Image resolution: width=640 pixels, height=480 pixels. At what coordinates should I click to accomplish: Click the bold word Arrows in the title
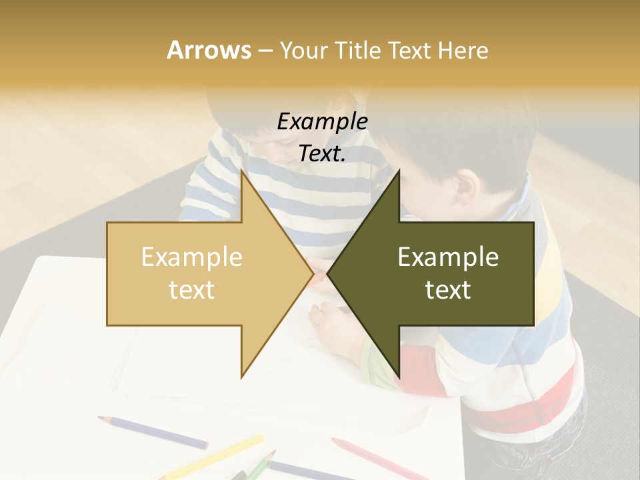pos(209,50)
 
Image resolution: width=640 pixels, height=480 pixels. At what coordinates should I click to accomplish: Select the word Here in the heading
pos(463,50)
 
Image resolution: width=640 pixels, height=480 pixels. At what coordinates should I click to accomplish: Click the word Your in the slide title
pos(304,50)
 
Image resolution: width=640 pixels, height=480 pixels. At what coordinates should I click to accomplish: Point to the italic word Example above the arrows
pos(323,121)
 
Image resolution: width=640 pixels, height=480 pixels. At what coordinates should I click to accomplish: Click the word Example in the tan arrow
pos(192,257)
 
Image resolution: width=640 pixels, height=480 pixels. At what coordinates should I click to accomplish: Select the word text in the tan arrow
pos(192,289)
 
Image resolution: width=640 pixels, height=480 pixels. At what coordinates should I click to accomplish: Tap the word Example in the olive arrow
pos(448,257)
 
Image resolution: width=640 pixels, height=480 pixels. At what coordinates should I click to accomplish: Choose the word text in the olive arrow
pos(448,289)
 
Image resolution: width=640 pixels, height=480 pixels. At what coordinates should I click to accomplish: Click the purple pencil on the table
pos(153,432)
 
